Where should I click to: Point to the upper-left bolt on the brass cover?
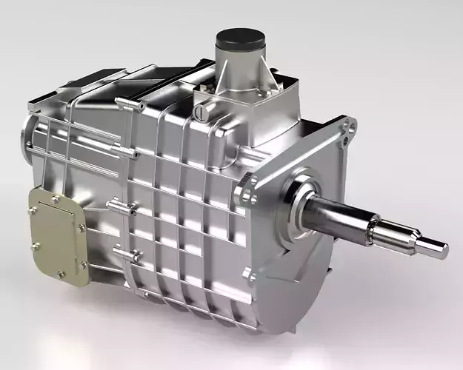pyautogui.click(x=32, y=210)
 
